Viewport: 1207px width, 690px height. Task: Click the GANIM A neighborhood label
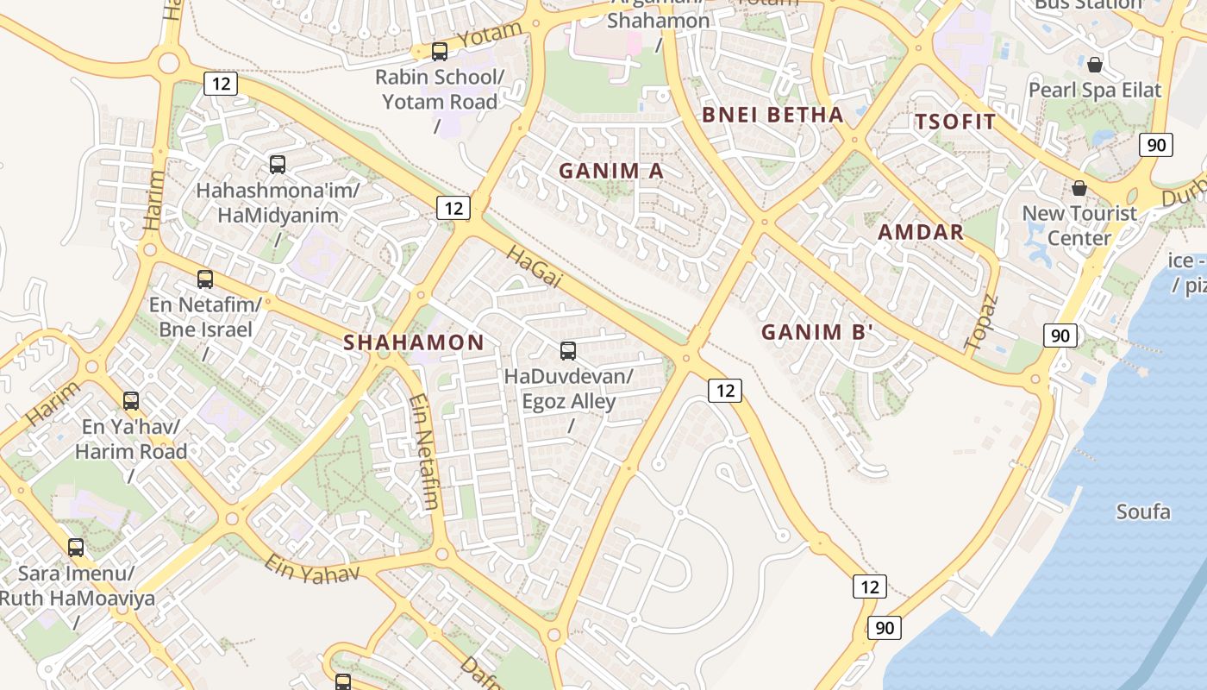click(x=611, y=171)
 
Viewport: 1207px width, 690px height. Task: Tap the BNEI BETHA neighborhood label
click(x=772, y=115)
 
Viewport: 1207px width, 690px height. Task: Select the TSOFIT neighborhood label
click(x=955, y=122)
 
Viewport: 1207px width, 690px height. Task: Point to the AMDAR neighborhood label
click(x=921, y=232)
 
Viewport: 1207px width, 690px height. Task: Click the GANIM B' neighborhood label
click(x=817, y=332)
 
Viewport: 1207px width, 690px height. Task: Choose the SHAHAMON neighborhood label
click(x=414, y=342)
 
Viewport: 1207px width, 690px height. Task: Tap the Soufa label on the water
click(x=1143, y=512)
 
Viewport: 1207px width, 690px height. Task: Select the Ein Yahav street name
click(x=311, y=568)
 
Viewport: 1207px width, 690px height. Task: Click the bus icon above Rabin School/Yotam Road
click(x=440, y=52)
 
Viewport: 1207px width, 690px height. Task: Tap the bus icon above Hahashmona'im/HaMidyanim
click(x=278, y=165)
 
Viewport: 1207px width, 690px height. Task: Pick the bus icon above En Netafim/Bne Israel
click(x=205, y=279)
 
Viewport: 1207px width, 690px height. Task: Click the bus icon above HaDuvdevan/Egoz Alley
click(x=568, y=351)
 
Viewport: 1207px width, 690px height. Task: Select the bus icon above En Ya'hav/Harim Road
click(x=131, y=401)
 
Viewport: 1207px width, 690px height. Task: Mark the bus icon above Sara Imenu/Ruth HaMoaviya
click(x=76, y=548)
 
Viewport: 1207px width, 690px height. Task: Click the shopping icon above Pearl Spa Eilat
click(x=1095, y=65)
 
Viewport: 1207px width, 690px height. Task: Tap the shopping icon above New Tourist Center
click(x=1079, y=188)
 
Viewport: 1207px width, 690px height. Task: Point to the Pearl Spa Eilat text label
click(x=1095, y=90)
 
